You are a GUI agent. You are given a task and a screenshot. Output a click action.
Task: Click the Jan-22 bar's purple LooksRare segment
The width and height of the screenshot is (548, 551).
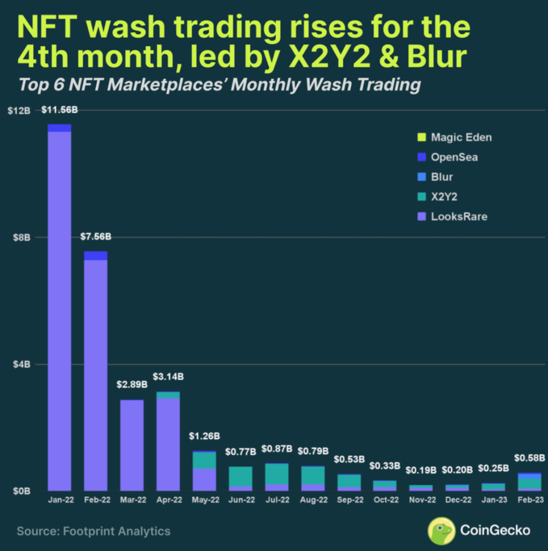(59, 312)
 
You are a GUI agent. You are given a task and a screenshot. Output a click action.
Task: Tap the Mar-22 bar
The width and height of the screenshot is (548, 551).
(132, 446)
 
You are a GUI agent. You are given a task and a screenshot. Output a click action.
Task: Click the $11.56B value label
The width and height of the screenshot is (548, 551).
(60, 110)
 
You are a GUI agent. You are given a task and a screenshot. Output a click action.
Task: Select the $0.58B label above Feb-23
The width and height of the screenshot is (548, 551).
(530, 458)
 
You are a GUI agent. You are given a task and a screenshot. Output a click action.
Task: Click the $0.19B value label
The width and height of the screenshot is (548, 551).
(421, 470)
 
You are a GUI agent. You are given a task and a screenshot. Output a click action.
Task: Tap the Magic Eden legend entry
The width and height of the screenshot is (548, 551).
(461, 137)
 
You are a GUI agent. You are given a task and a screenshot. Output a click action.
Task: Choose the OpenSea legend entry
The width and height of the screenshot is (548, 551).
(454, 157)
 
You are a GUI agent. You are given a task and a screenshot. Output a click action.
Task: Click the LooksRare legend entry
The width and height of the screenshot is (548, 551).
(459, 216)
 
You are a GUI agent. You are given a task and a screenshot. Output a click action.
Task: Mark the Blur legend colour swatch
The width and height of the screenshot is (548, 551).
(422, 176)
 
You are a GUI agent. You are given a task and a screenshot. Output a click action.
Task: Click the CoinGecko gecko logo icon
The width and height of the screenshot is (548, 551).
(441, 531)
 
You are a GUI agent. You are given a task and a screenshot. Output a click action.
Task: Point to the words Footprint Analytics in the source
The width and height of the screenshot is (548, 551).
(117, 531)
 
